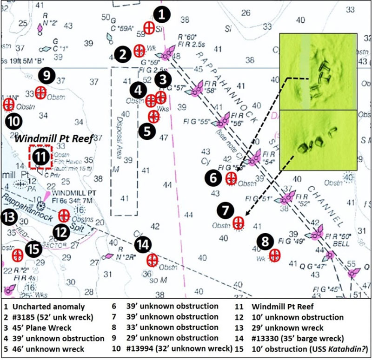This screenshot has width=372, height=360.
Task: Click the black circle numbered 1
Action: [162, 14]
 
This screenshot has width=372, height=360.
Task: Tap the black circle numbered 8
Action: [265, 242]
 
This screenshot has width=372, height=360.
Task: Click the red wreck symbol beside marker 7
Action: [239, 223]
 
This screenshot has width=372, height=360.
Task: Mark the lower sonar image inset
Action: [318, 139]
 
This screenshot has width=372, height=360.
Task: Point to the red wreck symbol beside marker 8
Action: [275, 255]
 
